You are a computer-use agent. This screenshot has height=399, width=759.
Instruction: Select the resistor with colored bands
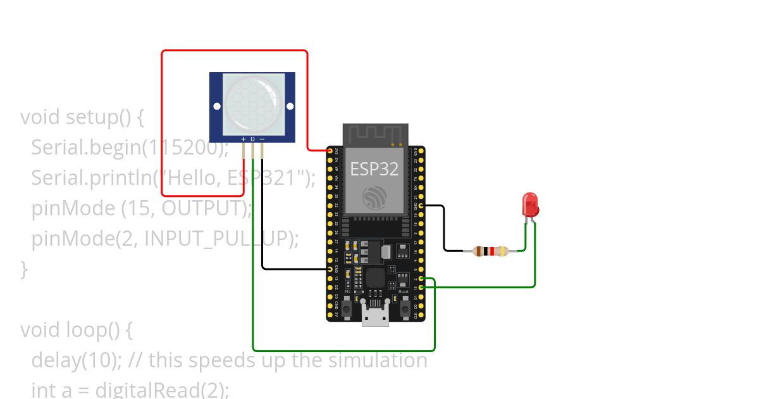(x=490, y=251)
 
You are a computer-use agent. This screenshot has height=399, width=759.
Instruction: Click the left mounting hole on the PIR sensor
(x=217, y=106)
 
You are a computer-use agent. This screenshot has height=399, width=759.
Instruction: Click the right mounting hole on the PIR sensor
(x=290, y=106)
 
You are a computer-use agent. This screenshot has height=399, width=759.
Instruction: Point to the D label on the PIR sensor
(x=252, y=139)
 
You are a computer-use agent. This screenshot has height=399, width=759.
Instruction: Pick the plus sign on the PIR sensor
(x=244, y=139)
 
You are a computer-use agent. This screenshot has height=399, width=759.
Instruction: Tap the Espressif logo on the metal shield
(x=375, y=198)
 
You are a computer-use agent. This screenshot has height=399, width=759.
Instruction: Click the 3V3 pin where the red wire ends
(x=330, y=151)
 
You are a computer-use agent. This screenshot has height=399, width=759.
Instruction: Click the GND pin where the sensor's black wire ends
(x=330, y=269)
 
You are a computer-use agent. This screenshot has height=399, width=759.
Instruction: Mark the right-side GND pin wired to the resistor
(x=421, y=206)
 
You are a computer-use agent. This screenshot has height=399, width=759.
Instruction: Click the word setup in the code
(x=91, y=117)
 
